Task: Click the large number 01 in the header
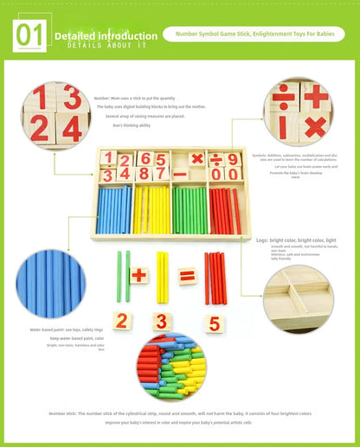point(29,35)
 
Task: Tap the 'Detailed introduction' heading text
point(106,35)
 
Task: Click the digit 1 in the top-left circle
point(40,98)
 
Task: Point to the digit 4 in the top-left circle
point(73,128)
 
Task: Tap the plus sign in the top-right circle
point(315,97)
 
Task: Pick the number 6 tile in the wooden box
point(145,158)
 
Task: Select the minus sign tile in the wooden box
point(180,175)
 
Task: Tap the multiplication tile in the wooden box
point(196,158)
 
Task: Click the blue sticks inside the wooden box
point(114,211)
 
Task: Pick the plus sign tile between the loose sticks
point(139,276)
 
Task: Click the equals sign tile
point(186,277)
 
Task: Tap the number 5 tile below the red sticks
point(214,324)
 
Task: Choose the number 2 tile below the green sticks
point(123,321)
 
